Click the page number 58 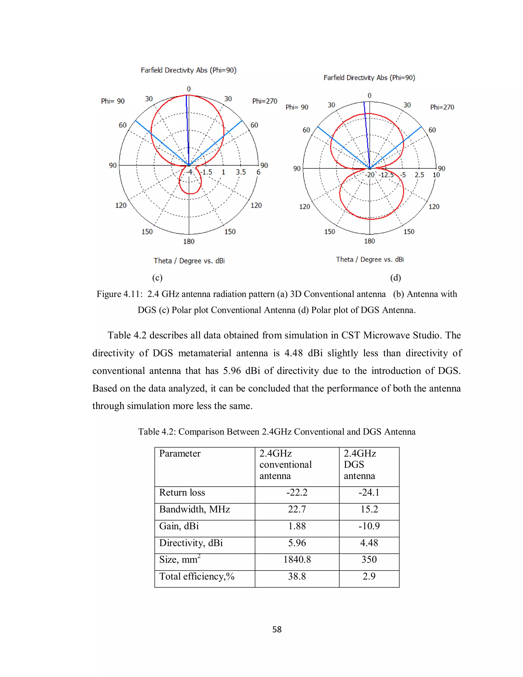pos(277,629)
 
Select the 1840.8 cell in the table pos(297,559)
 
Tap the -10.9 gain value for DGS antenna pos(369,526)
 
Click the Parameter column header pos(180,453)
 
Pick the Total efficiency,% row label pos(197,576)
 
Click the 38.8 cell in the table pos(297,576)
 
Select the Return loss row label pos(182,493)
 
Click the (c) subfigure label pos(157,277)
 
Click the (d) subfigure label pos(395,277)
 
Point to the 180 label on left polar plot pos(189,241)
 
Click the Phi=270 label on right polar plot pos(442,107)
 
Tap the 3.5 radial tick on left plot pos(241,172)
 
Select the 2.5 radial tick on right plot pos(419,175)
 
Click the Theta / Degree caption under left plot pos(189,261)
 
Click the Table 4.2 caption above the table pos(277,432)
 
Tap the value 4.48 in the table pos(369,543)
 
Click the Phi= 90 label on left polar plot pos(113,101)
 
